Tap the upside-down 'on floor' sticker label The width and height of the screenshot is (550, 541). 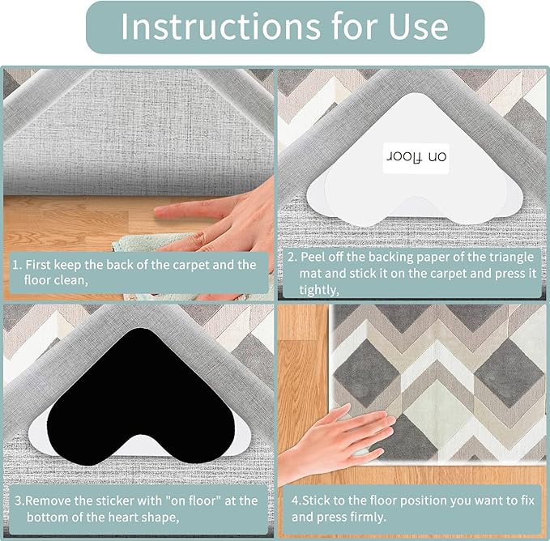click(414, 156)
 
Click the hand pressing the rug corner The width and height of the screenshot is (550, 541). click(340, 441)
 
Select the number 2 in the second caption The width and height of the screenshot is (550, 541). click(292, 258)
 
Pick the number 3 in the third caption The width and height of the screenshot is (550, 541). click(15, 501)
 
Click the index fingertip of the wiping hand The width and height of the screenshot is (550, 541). click(160, 212)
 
